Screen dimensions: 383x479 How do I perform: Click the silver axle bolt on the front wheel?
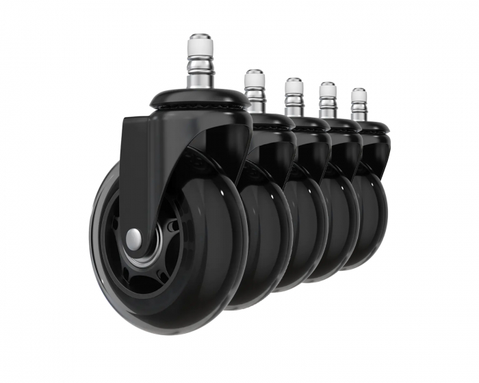(134, 237)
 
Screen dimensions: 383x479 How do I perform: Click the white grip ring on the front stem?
(200, 47)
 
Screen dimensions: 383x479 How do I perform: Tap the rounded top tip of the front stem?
(200, 36)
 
